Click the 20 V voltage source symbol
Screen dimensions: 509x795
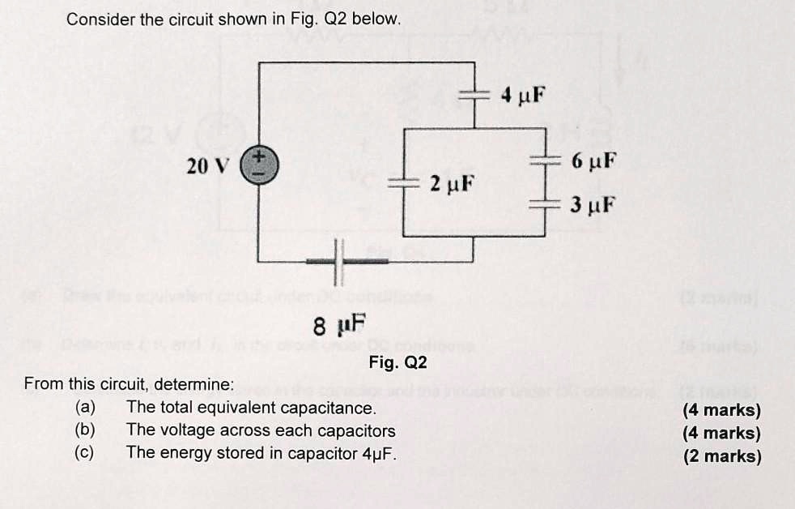click(259, 164)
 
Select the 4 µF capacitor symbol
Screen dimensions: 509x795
click(474, 96)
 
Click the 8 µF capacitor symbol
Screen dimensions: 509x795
click(338, 262)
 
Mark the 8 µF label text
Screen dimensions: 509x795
click(339, 326)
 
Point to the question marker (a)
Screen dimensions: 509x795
click(85, 408)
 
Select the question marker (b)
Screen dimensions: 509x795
click(85, 430)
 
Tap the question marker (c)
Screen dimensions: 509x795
click(85, 453)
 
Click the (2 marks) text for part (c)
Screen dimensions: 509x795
click(721, 456)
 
